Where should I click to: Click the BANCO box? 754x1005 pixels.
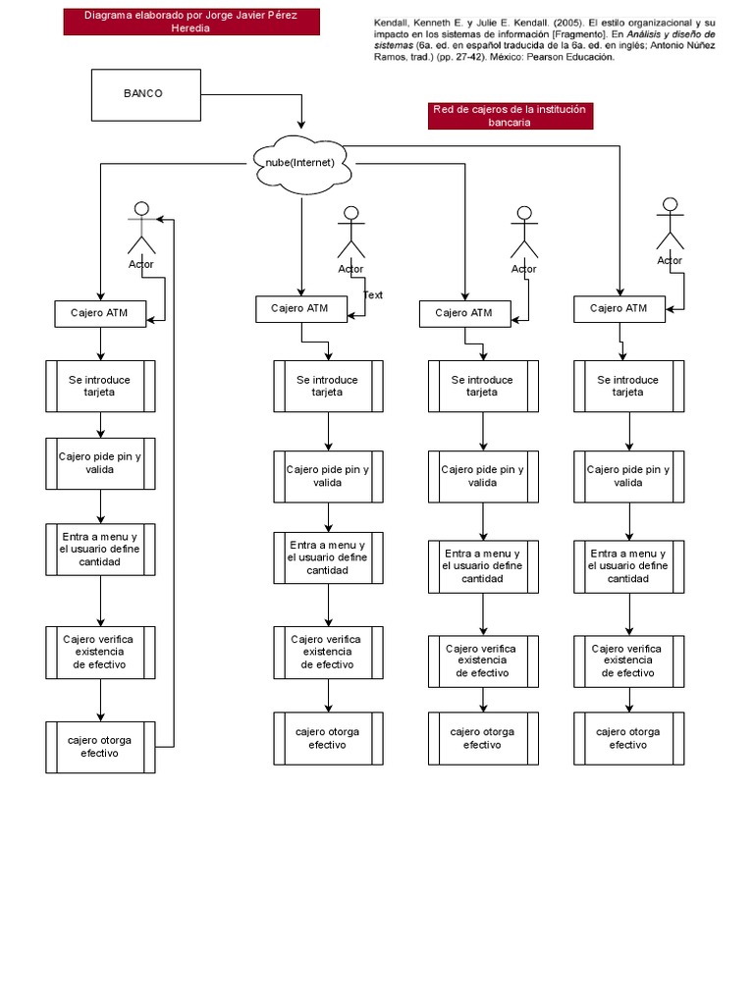click(x=145, y=94)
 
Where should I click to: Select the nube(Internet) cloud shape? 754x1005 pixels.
click(x=301, y=162)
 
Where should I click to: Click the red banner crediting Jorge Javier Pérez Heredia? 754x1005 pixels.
click(x=191, y=22)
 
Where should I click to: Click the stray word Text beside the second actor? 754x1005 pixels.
click(x=373, y=294)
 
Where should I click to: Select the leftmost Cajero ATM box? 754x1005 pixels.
click(x=100, y=314)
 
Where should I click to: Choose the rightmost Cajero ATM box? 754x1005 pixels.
click(x=619, y=308)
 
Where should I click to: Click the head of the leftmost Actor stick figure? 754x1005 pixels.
click(x=142, y=208)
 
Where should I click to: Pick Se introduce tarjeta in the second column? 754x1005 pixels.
click(x=328, y=386)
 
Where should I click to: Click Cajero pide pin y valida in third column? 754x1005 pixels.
click(x=482, y=476)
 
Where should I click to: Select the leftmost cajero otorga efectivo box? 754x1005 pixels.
click(x=100, y=747)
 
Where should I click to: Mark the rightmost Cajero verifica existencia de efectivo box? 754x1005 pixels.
click(x=628, y=661)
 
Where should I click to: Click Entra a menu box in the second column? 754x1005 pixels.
click(x=328, y=557)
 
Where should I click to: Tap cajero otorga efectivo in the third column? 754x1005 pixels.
click(x=482, y=738)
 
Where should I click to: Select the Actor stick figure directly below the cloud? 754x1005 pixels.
click(x=350, y=236)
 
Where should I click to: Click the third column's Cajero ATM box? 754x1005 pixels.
click(x=464, y=313)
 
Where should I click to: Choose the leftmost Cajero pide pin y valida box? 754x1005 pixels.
click(x=100, y=463)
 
